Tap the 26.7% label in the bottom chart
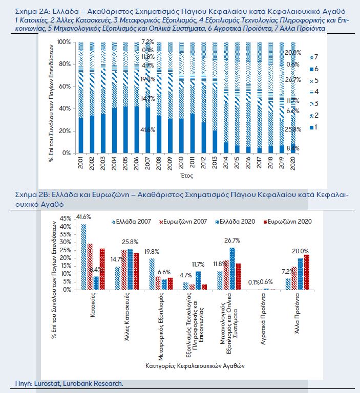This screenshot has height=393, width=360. [x=232, y=240]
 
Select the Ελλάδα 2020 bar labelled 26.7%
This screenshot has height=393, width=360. [x=232, y=269]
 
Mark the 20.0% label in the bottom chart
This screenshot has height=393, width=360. [x=301, y=251]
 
